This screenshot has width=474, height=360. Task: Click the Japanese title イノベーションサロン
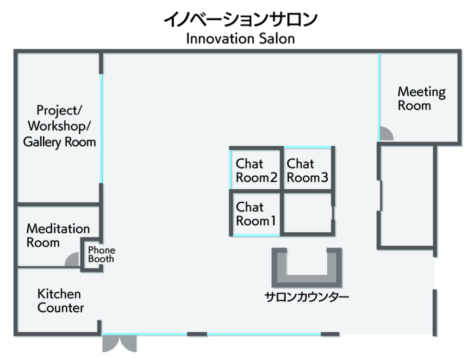(x=240, y=20)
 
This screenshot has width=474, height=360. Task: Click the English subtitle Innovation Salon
(x=240, y=38)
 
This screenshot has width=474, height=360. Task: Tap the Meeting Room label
(x=421, y=99)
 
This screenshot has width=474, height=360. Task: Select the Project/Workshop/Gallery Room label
(x=59, y=126)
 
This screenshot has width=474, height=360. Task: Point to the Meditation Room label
(x=58, y=235)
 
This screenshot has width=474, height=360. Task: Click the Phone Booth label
(x=101, y=255)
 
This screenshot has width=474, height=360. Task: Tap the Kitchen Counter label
(x=61, y=301)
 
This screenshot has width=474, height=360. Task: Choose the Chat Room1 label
(x=256, y=214)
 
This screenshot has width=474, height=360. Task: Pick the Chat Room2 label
(x=256, y=170)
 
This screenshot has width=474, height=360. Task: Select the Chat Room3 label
(x=307, y=170)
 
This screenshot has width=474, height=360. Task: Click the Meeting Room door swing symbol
(x=386, y=134)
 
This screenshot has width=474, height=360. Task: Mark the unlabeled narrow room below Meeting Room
(x=406, y=197)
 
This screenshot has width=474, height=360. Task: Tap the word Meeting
(x=421, y=92)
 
